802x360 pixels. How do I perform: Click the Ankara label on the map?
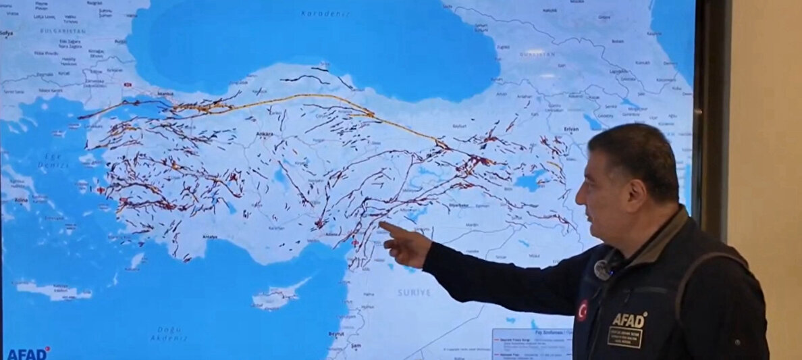pyautogui.click(x=265, y=135)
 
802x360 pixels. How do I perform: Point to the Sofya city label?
pyautogui.click(x=7, y=32)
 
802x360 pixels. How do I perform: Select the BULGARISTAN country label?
pyautogui.click(x=63, y=31)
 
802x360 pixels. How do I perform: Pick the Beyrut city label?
pyautogui.click(x=336, y=334)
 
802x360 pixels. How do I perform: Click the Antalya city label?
pyautogui.click(x=211, y=236)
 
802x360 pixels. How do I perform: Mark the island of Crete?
pyautogui.click(x=54, y=290)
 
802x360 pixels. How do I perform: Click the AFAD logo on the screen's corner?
pyautogui.click(x=27, y=353)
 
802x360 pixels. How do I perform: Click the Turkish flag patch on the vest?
pyautogui.click(x=582, y=310)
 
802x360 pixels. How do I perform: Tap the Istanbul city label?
pyautogui.click(x=165, y=94)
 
